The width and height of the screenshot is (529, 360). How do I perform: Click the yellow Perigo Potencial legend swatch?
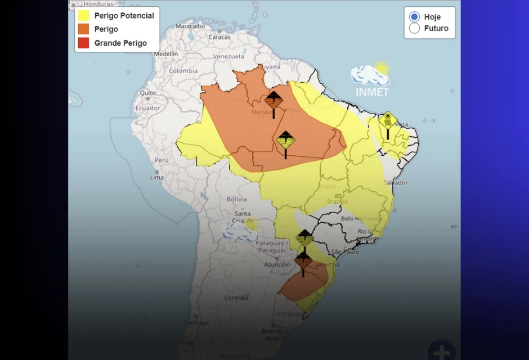[83, 16]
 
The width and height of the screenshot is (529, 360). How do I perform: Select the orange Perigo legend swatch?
[83, 29]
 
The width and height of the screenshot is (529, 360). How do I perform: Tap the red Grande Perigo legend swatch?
[83, 43]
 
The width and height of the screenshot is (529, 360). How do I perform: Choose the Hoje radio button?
[415, 17]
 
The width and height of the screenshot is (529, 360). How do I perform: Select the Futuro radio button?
[415, 29]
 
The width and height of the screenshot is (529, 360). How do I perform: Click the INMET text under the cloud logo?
[372, 92]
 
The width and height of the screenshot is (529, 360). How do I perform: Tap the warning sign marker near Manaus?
[274, 101]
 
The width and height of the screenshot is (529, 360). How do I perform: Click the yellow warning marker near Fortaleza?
[387, 121]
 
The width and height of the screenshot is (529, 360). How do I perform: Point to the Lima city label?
[157, 177]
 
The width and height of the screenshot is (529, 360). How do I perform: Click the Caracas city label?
[219, 37]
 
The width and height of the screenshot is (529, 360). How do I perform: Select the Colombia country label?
[183, 71]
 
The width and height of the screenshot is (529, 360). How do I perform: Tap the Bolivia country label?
[236, 199]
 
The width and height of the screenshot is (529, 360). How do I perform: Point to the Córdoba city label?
[236, 298]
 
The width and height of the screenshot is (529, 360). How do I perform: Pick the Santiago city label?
[196, 323]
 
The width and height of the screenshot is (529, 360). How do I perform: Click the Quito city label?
[147, 93]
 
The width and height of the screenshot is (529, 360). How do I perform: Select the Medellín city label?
[166, 54]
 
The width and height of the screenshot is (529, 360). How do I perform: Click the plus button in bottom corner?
[442, 351]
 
